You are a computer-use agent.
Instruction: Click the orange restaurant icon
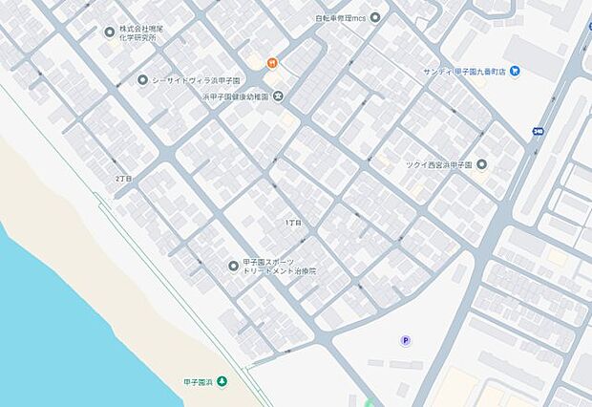(x=272, y=63)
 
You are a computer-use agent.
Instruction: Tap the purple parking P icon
(x=406, y=340)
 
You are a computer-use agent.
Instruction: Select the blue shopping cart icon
(x=515, y=70)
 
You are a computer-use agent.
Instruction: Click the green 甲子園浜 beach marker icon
(x=222, y=382)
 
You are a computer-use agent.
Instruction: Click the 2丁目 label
(x=123, y=179)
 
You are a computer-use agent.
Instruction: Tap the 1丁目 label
(x=293, y=223)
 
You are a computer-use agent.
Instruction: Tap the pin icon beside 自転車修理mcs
(x=374, y=17)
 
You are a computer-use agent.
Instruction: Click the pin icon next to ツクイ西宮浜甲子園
(x=481, y=163)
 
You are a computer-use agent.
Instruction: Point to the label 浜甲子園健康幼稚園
(x=236, y=96)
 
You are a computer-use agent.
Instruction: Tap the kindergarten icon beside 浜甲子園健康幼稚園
(x=278, y=96)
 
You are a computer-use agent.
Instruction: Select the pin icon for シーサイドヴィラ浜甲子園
(x=142, y=80)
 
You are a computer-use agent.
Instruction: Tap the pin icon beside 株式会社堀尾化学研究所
(x=110, y=32)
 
